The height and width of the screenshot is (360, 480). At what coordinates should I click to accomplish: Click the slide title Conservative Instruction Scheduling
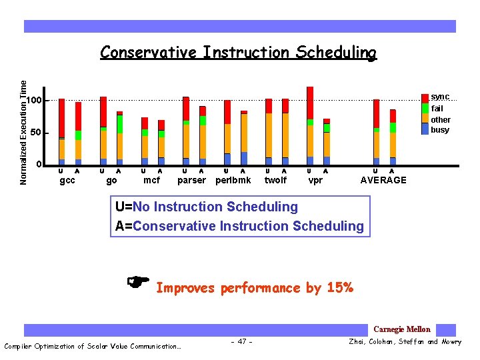238,53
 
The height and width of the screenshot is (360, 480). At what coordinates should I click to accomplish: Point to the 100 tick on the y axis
35,101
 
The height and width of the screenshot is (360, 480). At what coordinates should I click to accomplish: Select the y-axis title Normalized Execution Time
24,133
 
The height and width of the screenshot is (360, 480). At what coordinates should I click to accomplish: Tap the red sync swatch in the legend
425,98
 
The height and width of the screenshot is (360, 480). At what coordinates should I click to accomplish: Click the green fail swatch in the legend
425,108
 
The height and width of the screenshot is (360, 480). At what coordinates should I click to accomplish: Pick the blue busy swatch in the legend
425,129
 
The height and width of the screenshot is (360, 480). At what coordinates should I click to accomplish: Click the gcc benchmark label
67,180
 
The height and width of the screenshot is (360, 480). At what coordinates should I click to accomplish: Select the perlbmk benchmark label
233,180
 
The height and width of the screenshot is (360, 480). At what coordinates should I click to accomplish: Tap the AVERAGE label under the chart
383,180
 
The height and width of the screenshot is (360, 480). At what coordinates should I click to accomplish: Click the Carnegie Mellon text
402,329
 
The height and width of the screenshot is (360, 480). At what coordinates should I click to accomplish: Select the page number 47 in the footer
241,342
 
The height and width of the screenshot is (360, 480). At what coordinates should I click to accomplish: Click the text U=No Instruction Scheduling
207,207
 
